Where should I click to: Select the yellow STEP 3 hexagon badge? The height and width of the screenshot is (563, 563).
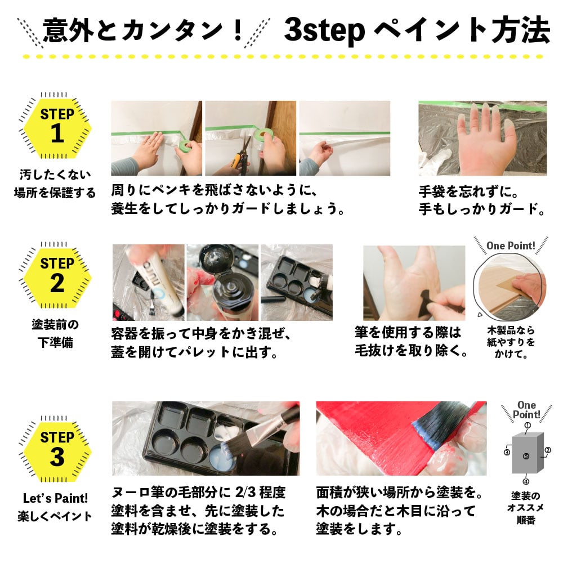click(57, 452)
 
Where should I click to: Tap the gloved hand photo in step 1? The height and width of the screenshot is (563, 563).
click(482, 138)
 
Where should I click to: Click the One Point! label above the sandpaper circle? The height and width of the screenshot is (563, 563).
click(511, 245)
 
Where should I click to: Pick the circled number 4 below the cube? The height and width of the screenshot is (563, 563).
click(526, 481)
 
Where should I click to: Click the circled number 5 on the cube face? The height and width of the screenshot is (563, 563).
click(526, 456)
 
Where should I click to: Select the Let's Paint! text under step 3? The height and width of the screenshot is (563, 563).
click(55, 498)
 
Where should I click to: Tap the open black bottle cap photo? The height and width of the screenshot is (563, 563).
click(222, 283)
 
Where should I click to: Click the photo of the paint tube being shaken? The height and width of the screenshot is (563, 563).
click(148, 283)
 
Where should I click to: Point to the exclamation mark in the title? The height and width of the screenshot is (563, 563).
click(238, 30)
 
